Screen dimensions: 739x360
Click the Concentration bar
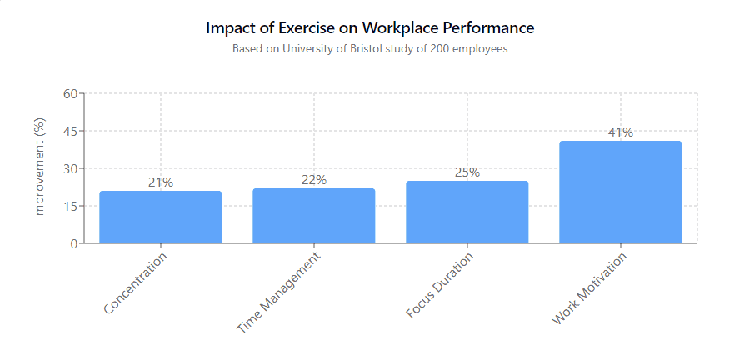coord(161,217)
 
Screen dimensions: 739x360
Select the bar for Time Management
coord(314,216)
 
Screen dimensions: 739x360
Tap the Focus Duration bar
coord(467,212)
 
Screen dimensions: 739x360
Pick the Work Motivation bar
coord(620,192)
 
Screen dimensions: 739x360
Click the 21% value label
coord(161,182)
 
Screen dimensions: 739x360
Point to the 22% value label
coord(314,180)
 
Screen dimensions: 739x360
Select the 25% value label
coord(467,172)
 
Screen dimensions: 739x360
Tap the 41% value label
coord(620,132)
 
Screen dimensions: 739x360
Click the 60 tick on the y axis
coord(70,93)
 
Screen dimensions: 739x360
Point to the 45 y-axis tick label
coord(70,131)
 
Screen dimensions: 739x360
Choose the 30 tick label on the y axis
coord(70,168)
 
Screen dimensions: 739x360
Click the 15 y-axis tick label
coord(70,206)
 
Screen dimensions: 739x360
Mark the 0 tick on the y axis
coord(74,243)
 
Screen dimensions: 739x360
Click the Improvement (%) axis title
coord(40,168)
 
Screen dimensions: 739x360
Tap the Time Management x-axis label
coord(278,292)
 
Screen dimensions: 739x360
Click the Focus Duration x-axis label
coord(439,286)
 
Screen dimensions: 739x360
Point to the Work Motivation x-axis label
coord(589,288)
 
